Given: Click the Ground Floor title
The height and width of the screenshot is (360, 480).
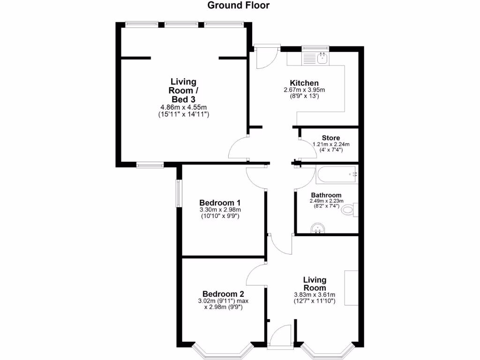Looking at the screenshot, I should point(239,6).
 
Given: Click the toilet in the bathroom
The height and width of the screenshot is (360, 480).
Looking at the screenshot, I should point(350,210).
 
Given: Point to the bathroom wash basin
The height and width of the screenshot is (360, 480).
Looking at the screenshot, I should point(318,228).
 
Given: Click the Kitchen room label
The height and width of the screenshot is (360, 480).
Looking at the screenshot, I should point(304,83).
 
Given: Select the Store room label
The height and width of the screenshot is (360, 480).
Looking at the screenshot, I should point(331,138).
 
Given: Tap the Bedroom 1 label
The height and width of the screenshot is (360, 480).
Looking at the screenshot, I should point(220,202).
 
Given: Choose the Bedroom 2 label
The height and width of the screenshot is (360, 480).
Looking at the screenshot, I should point(220,294).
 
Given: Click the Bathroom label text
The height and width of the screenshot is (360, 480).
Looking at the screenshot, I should point(326,195).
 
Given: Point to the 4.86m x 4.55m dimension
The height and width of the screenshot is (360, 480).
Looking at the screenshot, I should point(183,107).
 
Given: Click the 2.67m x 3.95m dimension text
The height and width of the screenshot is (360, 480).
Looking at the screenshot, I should point(304,90).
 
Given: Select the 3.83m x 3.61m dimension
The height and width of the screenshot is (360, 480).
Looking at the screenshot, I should point(315,294).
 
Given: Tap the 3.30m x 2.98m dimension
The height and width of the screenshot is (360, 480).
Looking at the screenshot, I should point(220,210).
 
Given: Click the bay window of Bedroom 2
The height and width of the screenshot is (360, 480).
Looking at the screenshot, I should point(223,351).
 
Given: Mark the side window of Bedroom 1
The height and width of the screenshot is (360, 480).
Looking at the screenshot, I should point(178,193).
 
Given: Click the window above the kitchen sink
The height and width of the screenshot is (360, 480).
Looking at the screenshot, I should point(315,47).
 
